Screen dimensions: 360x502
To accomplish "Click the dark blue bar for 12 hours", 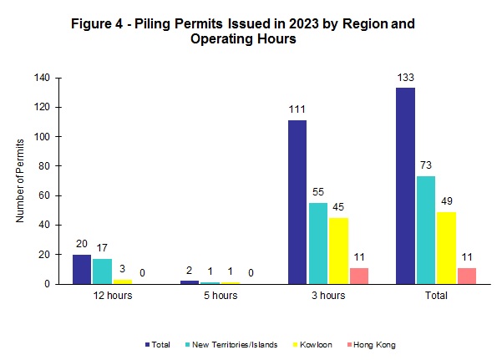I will point(82,269).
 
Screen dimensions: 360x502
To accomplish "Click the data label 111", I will point(297,110).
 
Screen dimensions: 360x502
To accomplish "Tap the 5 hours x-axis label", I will point(200,296).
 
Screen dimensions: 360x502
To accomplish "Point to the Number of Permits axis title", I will point(19,180).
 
